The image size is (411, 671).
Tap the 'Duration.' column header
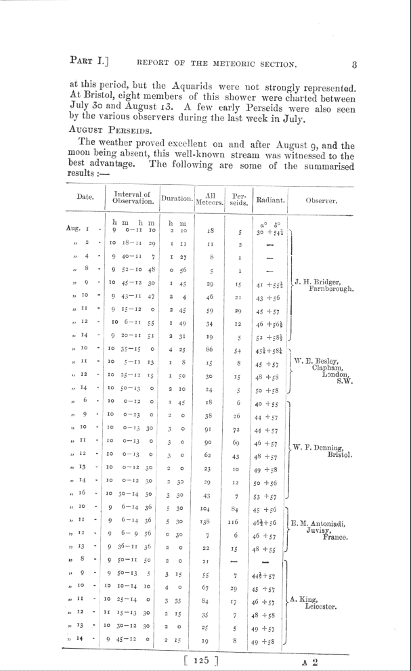point(177,200)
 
